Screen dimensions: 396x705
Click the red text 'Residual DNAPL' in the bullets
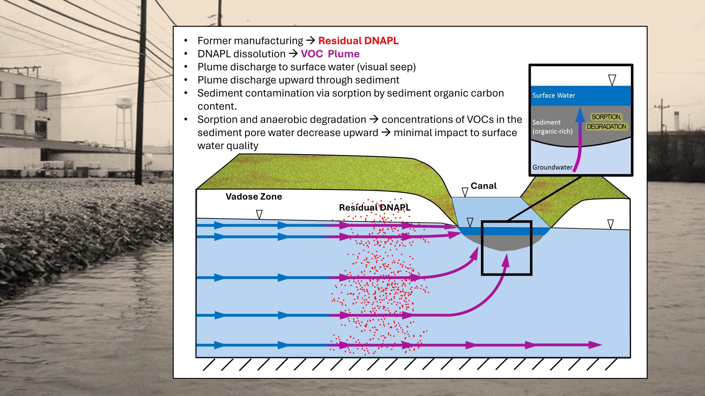(358, 41)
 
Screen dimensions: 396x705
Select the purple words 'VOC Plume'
(330, 54)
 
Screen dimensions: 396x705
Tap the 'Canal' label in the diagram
(484, 186)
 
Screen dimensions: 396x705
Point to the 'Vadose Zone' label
(254, 197)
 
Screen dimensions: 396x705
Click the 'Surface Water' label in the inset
(554, 95)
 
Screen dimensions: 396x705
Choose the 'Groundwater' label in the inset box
(552, 167)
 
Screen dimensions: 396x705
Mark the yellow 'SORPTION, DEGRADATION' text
(606, 122)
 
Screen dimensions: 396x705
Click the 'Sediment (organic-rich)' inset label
(552, 127)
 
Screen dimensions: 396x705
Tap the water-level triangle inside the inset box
(612, 80)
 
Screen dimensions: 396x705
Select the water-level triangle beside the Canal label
(465, 192)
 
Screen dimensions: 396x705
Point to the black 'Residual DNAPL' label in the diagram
(375, 208)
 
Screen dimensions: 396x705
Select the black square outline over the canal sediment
(482, 248)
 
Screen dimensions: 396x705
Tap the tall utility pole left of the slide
(141, 94)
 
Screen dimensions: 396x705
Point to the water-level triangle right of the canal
(611, 224)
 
